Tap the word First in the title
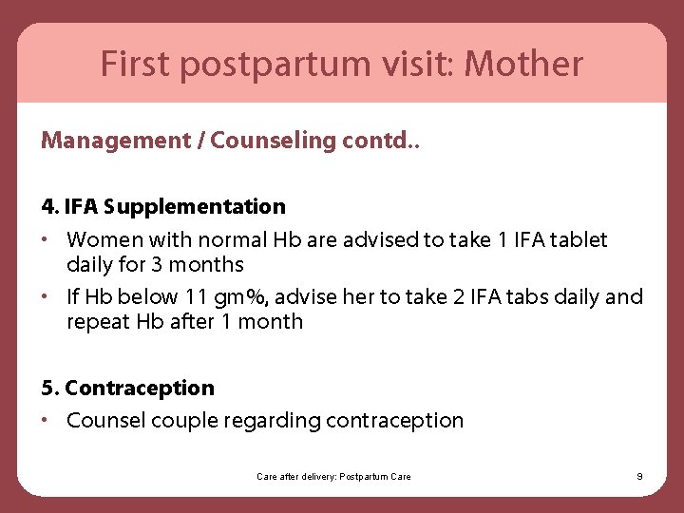point(133,65)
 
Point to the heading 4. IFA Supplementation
point(163,206)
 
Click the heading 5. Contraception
point(128,388)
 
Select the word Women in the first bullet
point(100,240)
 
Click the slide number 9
point(639,476)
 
